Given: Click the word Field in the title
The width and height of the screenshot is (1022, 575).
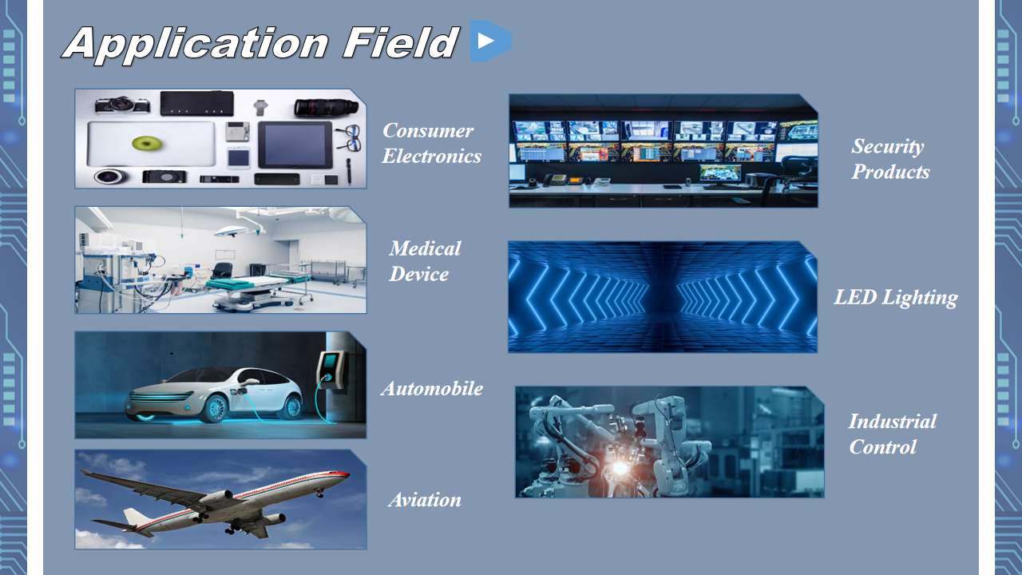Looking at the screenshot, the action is (x=400, y=42).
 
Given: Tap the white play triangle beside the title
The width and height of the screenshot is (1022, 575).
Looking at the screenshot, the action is (x=485, y=41).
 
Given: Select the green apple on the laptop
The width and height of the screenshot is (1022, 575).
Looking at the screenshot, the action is (x=147, y=143).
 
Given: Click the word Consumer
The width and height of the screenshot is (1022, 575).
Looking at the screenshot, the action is (x=428, y=131).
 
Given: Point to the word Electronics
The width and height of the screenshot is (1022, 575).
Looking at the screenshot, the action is (x=432, y=156).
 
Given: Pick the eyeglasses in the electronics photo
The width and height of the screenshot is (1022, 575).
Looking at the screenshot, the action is (x=350, y=138).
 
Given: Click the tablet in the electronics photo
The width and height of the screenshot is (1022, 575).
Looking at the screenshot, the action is (x=295, y=145).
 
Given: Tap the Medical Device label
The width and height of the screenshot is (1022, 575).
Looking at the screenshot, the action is (x=425, y=261).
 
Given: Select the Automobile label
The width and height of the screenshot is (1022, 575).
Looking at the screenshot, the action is (x=432, y=389).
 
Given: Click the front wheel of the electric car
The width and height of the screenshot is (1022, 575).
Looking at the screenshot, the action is (x=215, y=408).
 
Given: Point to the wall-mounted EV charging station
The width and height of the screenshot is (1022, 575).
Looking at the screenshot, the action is (x=331, y=370).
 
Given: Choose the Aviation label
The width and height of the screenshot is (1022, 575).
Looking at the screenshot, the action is (x=425, y=500).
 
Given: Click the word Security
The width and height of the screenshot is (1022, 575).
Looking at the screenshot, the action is (x=887, y=147).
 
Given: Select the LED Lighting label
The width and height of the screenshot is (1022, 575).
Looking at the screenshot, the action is (x=896, y=298).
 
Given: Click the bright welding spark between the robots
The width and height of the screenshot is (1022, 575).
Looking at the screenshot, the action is (x=620, y=468).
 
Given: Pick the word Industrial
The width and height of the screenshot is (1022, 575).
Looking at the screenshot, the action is (x=892, y=422).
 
